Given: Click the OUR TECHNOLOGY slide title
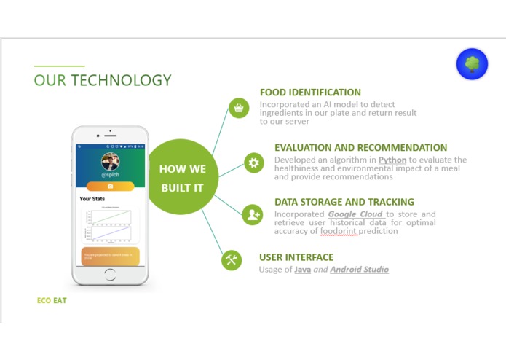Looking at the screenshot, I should click(103, 80).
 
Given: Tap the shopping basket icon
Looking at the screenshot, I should click(238, 108).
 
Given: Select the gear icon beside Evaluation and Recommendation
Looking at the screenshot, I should click(253, 163).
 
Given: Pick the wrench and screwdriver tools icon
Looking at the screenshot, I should click(232, 260).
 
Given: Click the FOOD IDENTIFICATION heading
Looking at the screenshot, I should click(310, 93).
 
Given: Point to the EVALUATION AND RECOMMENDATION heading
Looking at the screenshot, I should click(360, 148).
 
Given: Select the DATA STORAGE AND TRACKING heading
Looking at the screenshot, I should click(344, 202).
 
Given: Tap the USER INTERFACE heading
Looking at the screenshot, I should click(296, 257).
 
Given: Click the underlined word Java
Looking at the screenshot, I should click(302, 270).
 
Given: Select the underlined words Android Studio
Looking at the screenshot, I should click(359, 270).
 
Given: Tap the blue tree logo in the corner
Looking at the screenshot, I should click(472, 64).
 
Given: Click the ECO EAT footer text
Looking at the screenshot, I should click(52, 300).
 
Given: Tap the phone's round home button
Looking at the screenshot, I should click(110, 275).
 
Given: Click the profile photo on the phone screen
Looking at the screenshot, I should click(111, 162).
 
